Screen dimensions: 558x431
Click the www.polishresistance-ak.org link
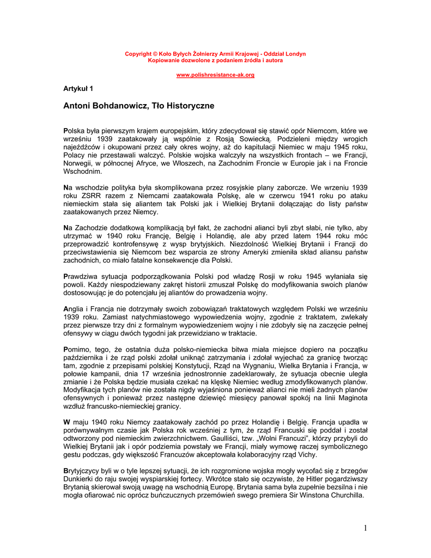[x=215, y=75]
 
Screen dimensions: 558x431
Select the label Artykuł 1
[x=78, y=88]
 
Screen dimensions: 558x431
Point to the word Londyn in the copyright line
[x=295, y=54]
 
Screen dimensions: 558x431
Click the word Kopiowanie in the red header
[x=163, y=60]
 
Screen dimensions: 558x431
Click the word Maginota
[x=350, y=398]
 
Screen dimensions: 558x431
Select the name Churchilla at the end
[x=344, y=496]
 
